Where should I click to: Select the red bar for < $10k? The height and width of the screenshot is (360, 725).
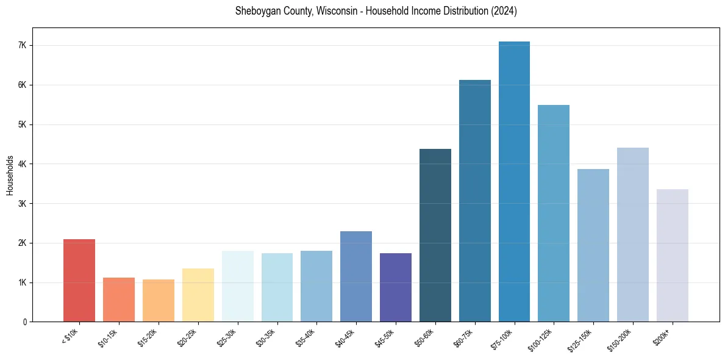[x=79, y=281]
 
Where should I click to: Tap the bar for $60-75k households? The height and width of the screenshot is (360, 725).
[x=474, y=201]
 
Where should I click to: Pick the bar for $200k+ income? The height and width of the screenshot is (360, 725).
[x=672, y=256]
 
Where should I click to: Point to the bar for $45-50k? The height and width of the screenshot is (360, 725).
[x=396, y=287]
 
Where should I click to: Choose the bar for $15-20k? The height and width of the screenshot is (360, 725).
[x=159, y=301]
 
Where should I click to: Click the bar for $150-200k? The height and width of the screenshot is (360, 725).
[x=632, y=235]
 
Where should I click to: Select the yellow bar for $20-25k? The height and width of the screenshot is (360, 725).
[x=198, y=295]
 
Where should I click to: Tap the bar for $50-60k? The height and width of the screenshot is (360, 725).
[x=435, y=236]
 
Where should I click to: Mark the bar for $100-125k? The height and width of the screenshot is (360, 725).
[x=554, y=214]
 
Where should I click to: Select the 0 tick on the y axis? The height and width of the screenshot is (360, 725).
[x=24, y=322]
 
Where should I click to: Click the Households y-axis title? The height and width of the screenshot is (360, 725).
[x=10, y=175]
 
